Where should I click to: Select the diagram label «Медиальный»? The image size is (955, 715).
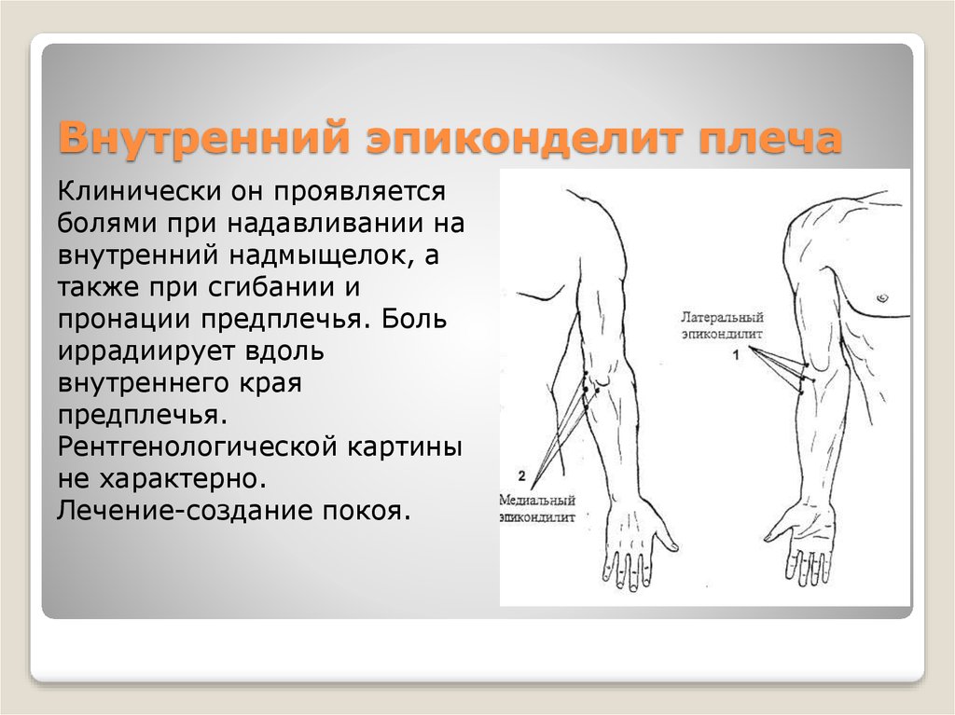[537, 499]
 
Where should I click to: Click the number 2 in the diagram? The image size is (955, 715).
[521, 476]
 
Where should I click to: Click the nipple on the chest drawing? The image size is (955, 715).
[880, 297]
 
